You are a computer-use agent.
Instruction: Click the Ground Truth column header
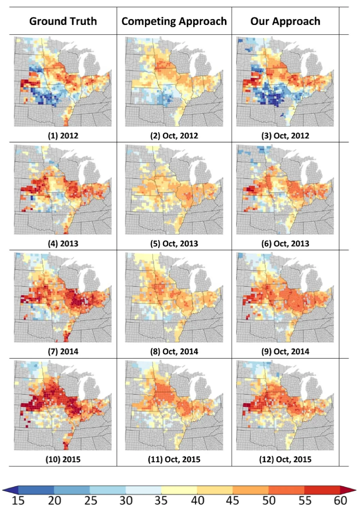63,21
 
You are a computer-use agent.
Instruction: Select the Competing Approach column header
174,21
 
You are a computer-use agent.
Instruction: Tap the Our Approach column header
285,21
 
